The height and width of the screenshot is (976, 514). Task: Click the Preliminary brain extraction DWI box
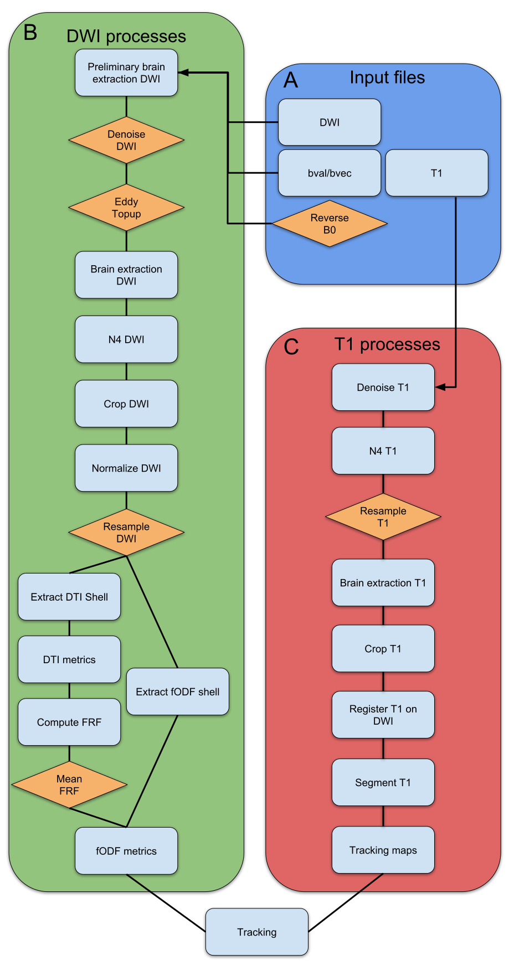pyautogui.click(x=126, y=73)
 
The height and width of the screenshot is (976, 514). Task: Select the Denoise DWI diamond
pyautogui.click(x=126, y=140)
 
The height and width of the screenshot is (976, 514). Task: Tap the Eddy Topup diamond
pyautogui.click(x=126, y=208)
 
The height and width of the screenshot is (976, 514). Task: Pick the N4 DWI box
pyautogui.click(x=126, y=339)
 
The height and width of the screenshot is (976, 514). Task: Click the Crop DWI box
pyautogui.click(x=126, y=404)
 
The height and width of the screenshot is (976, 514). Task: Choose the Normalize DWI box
pyautogui.click(x=126, y=468)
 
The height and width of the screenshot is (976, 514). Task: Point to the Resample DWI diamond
pyautogui.click(x=126, y=532)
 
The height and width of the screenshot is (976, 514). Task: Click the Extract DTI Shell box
pyautogui.click(x=69, y=597)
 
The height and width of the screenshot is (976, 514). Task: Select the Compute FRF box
pyautogui.click(x=69, y=722)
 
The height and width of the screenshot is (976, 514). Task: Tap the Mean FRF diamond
pyautogui.click(x=69, y=784)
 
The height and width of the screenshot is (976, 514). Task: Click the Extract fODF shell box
pyautogui.click(x=178, y=691)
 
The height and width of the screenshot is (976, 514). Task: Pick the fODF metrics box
pyautogui.click(x=126, y=851)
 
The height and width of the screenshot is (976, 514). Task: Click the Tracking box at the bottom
pyautogui.click(x=257, y=932)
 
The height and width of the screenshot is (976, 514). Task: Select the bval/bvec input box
pyautogui.click(x=330, y=173)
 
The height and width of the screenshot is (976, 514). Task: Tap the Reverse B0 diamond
pyautogui.click(x=330, y=224)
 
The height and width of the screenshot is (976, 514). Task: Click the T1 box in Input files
pyautogui.click(x=436, y=173)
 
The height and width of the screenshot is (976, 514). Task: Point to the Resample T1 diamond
pyautogui.click(x=383, y=517)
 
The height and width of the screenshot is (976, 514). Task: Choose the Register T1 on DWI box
pyautogui.click(x=383, y=715)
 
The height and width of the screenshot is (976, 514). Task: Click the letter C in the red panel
pyautogui.click(x=291, y=347)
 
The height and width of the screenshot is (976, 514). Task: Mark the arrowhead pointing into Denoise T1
pyautogui.click(x=440, y=387)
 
